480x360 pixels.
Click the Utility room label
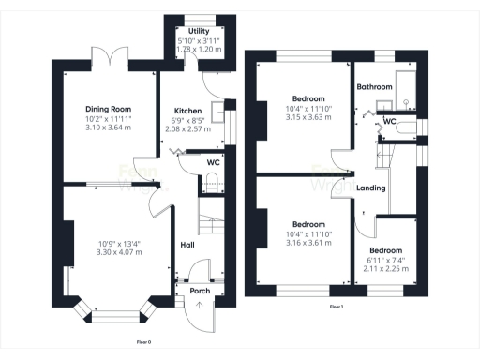(x=198, y=31)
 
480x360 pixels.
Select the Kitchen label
(x=184, y=110)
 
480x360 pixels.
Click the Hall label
(x=187, y=246)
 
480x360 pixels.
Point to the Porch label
(x=200, y=291)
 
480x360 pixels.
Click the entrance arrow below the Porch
(x=199, y=307)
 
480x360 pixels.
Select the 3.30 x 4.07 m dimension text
(x=120, y=252)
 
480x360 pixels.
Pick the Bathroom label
(x=375, y=87)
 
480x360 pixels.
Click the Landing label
(x=371, y=188)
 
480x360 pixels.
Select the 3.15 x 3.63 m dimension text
(x=307, y=117)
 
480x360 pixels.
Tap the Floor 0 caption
(x=143, y=342)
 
